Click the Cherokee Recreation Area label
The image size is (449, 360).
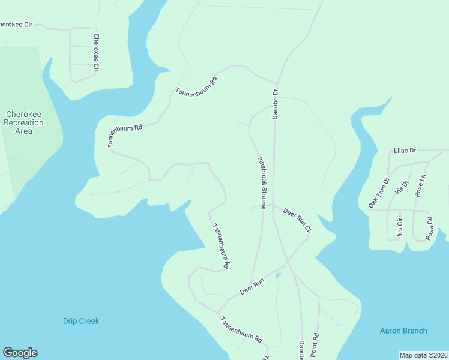click(x=23, y=122)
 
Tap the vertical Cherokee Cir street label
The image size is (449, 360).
click(x=95, y=52)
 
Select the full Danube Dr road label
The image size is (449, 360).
click(x=276, y=104)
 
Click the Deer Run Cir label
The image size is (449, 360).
click(x=297, y=220)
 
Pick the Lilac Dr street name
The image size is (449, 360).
click(x=405, y=151)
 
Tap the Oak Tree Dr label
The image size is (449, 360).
click(x=379, y=192)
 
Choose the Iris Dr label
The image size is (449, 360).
click(x=402, y=187)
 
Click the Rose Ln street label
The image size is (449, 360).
click(x=420, y=186)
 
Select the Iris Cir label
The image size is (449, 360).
click(x=399, y=227)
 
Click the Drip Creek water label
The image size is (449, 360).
click(x=81, y=321)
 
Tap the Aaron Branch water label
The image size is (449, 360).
click(x=403, y=331)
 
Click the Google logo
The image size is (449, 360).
click(x=20, y=353)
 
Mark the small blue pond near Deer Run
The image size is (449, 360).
click(x=277, y=275)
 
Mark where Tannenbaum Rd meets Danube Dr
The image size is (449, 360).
click(x=276, y=82)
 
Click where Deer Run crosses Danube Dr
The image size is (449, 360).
click(x=286, y=262)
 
